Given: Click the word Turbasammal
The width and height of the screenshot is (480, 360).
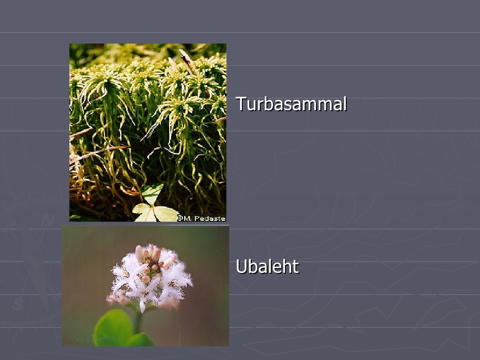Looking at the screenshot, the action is (x=292, y=104).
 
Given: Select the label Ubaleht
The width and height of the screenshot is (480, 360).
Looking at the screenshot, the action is (x=267, y=266).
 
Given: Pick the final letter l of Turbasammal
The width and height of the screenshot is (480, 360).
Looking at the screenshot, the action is (x=345, y=104).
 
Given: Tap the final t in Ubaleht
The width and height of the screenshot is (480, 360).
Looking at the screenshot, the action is (x=295, y=267).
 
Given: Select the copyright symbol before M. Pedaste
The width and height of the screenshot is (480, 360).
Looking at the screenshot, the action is (x=180, y=218).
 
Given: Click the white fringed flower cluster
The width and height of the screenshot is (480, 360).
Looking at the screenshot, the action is (x=150, y=277).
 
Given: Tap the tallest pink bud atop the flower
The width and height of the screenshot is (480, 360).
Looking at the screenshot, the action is (x=140, y=254).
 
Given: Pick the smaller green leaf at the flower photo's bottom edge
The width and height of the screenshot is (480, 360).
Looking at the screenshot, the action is (x=140, y=339).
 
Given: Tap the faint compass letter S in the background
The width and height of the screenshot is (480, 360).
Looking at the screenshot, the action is (x=18, y=304).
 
